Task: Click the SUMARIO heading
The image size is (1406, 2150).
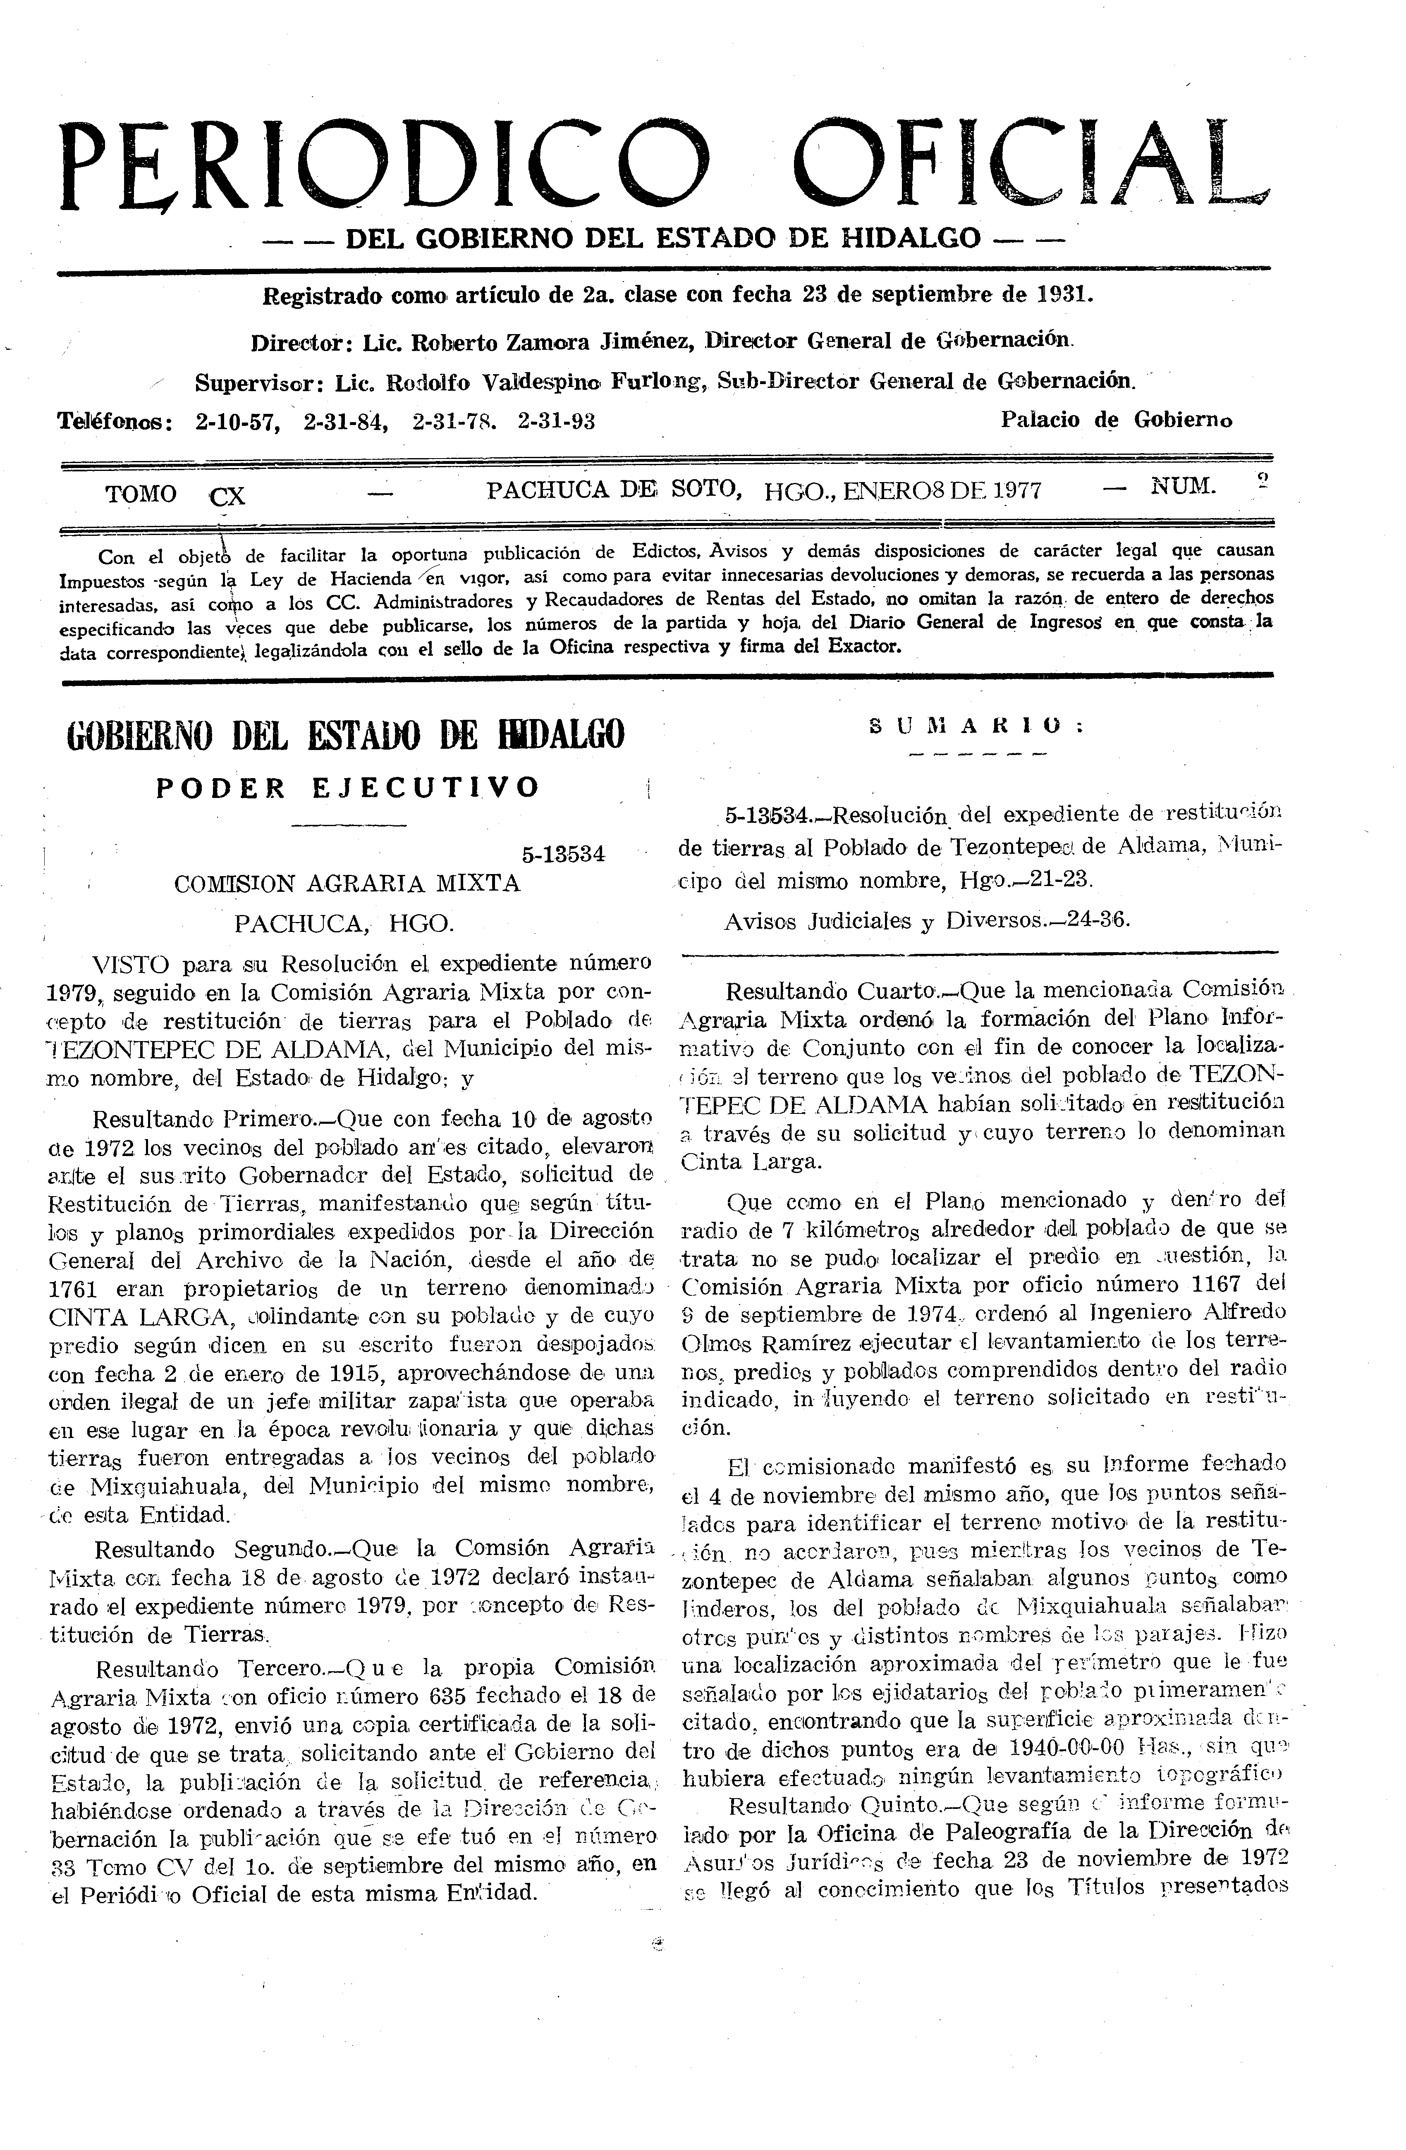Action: pyautogui.click(x=976, y=725)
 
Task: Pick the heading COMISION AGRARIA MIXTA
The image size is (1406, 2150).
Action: pyautogui.click(x=347, y=884)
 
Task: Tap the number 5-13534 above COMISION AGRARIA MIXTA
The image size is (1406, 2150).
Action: pyautogui.click(x=563, y=855)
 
